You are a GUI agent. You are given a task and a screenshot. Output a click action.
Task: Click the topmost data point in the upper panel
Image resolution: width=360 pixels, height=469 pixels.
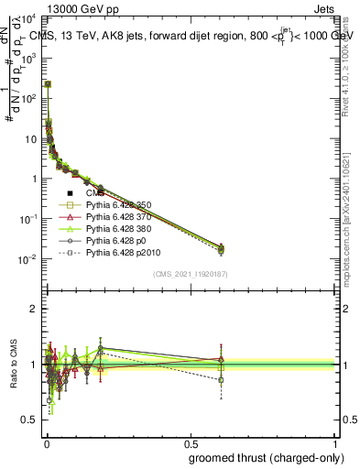pyautogui.click(x=48, y=83)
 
